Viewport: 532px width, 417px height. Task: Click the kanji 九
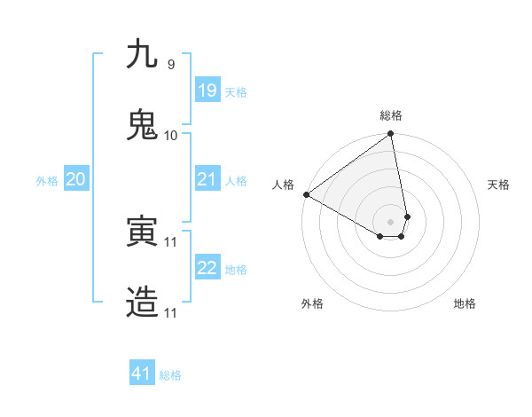tap(142, 55)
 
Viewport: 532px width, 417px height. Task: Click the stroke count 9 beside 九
tap(170, 64)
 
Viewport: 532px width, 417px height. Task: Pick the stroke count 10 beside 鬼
tap(170, 135)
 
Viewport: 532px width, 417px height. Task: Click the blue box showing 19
tap(207, 90)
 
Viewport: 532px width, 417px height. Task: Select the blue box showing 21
tap(207, 179)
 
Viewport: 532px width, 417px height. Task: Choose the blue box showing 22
tap(207, 268)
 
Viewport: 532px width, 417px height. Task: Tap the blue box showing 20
tap(75, 179)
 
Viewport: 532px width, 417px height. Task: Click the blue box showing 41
tap(142, 374)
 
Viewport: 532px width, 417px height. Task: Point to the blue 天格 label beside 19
tap(236, 92)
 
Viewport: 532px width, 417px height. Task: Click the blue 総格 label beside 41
tap(170, 375)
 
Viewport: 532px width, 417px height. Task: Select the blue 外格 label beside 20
tap(47, 181)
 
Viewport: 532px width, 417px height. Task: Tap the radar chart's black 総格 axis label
tap(391, 115)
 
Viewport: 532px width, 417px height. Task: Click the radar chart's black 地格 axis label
tap(465, 303)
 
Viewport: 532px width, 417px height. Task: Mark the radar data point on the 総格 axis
tap(391, 134)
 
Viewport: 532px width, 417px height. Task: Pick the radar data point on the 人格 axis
tap(306, 194)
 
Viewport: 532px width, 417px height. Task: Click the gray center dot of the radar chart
tap(391, 221)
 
